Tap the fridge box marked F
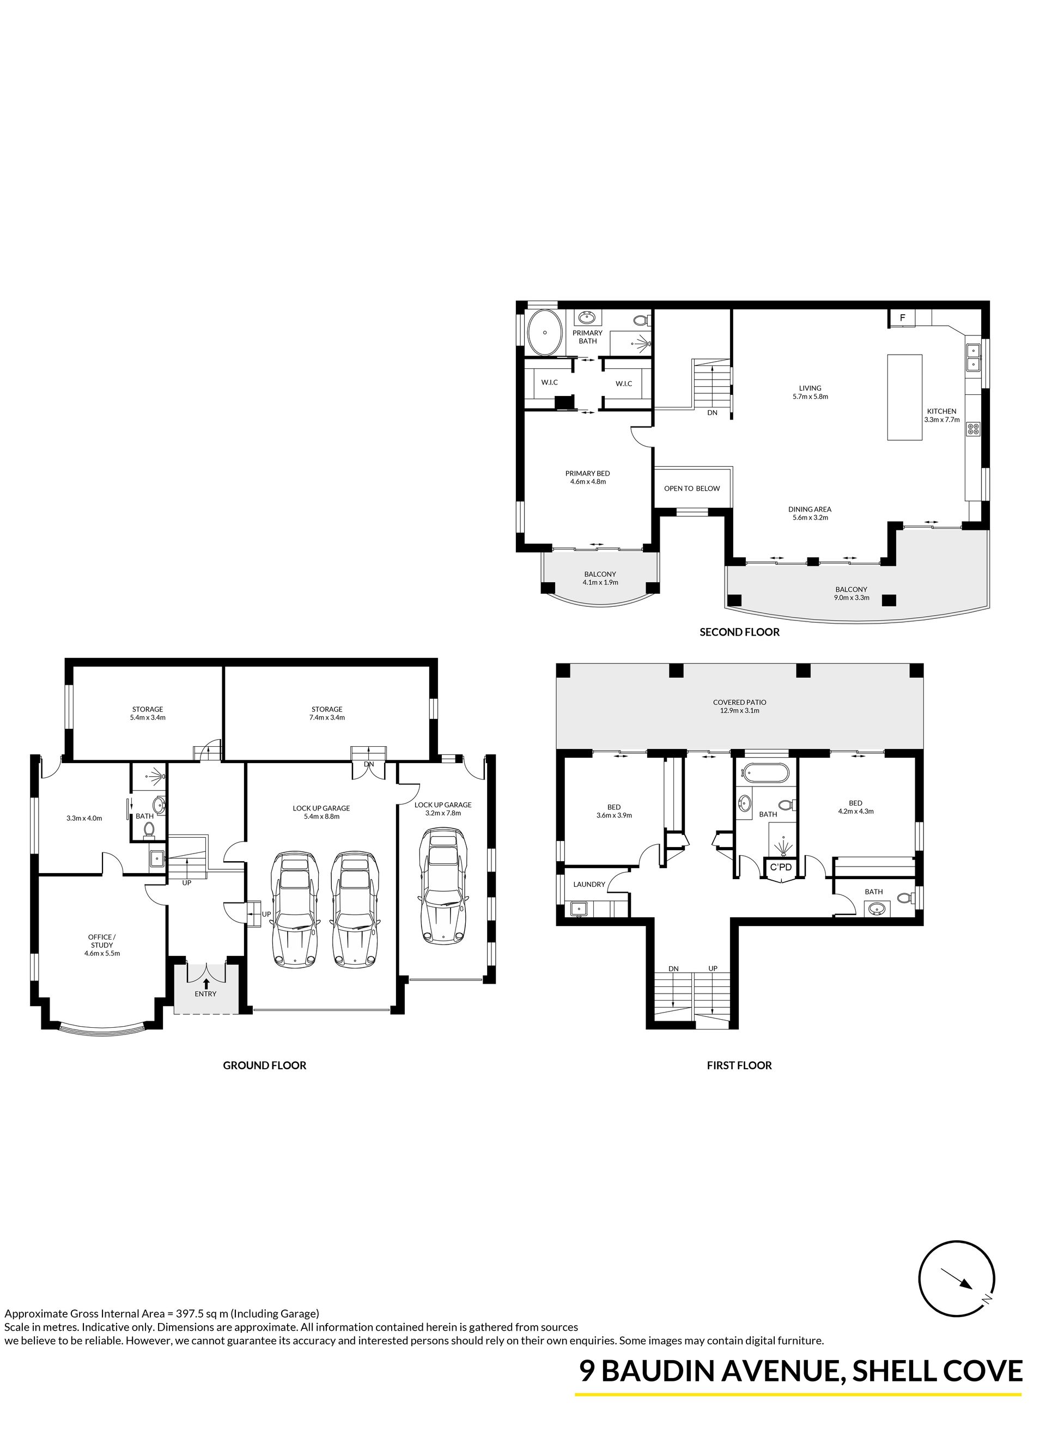(903, 318)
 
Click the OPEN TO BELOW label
(692, 489)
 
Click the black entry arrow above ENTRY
(206, 984)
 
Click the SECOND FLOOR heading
(739, 632)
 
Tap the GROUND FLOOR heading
(264, 1065)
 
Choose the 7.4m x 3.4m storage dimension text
(327, 717)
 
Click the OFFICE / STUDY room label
(102, 941)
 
